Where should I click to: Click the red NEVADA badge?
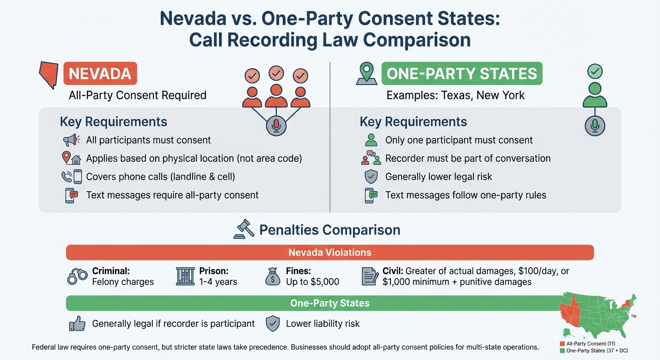pyautogui.click(x=100, y=74)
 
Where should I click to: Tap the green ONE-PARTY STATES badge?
pyautogui.click(x=462, y=74)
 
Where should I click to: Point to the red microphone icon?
pyautogui.click(x=276, y=126)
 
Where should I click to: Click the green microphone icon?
pyautogui.click(x=595, y=125)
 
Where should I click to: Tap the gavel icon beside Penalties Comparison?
pyautogui.click(x=243, y=229)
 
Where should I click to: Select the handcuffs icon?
pyautogui.click(x=77, y=277)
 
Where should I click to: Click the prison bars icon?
pyautogui.click(x=185, y=277)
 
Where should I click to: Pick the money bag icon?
pyautogui.click(x=272, y=277)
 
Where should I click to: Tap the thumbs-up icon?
pyautogui.click(x=77, y=323)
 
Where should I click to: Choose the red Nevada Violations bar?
pyautogui.click(x=330, y=253)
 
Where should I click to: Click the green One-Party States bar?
pyautogui.click(x=330, y=303)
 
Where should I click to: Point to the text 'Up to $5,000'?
pyautogui.click(x=312, y=282)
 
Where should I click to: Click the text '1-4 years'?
pyautogui.click(x=218, y=282)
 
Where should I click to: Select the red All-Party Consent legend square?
pyautogui.click(x=562, y=344)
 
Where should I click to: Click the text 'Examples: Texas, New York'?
pyautogui.click(x=455, y=95)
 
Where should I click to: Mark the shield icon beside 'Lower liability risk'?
pyautogui.click(x=272, y=323)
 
